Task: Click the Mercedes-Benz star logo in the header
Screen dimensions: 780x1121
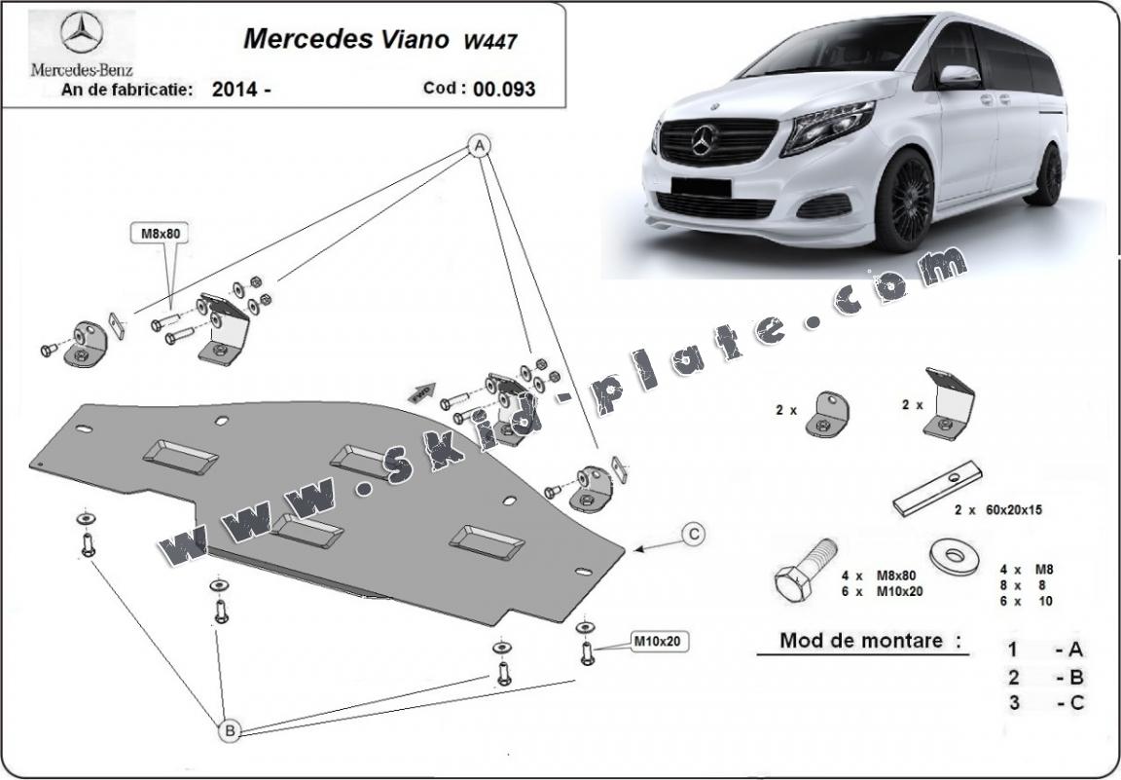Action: click(82, 35)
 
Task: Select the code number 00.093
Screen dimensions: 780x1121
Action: click(504, 89)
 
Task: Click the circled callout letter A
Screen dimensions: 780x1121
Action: click(478, 146)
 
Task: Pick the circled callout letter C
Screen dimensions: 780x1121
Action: click(692, 534)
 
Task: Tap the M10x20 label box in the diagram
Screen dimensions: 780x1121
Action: click(662, 643)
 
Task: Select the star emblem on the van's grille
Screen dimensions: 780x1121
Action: click(704, 142)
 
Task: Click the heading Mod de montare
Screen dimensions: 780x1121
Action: click(861, 641)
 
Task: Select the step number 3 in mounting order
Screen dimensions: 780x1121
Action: click(1013, 703)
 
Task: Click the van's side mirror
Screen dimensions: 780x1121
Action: click(958, 77)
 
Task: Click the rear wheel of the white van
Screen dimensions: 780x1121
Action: click(1047, 175)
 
